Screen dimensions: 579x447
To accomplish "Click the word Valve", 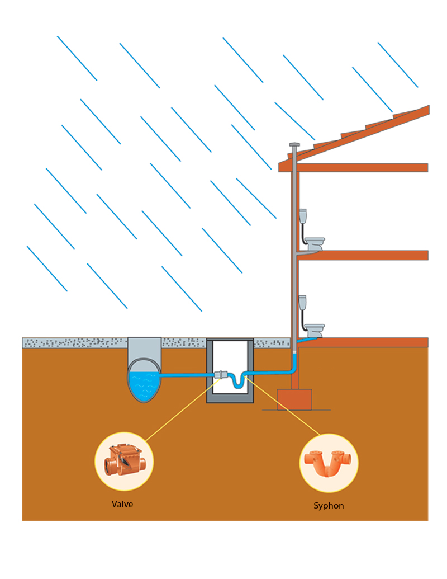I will coord(122,504).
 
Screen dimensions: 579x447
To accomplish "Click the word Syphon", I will coord(329,506).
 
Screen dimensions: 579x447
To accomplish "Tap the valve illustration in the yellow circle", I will coord(123,460).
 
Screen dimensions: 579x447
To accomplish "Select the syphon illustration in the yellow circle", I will coord(329,462).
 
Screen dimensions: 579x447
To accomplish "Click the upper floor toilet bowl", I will coord(315,243).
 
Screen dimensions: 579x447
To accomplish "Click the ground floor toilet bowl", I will coord(315,329).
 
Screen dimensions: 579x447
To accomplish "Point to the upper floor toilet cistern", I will coord(303,216).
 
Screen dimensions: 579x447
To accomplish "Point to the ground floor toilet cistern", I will coord(303,303).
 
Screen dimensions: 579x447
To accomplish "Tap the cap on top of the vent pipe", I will coord(294,145).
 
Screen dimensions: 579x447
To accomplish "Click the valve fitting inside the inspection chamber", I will coord(222,375).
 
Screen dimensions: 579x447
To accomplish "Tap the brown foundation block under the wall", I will coord(294,399).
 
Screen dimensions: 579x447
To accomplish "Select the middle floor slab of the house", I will coord(363,255).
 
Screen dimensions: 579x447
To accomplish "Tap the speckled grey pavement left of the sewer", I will coord(73,342).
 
